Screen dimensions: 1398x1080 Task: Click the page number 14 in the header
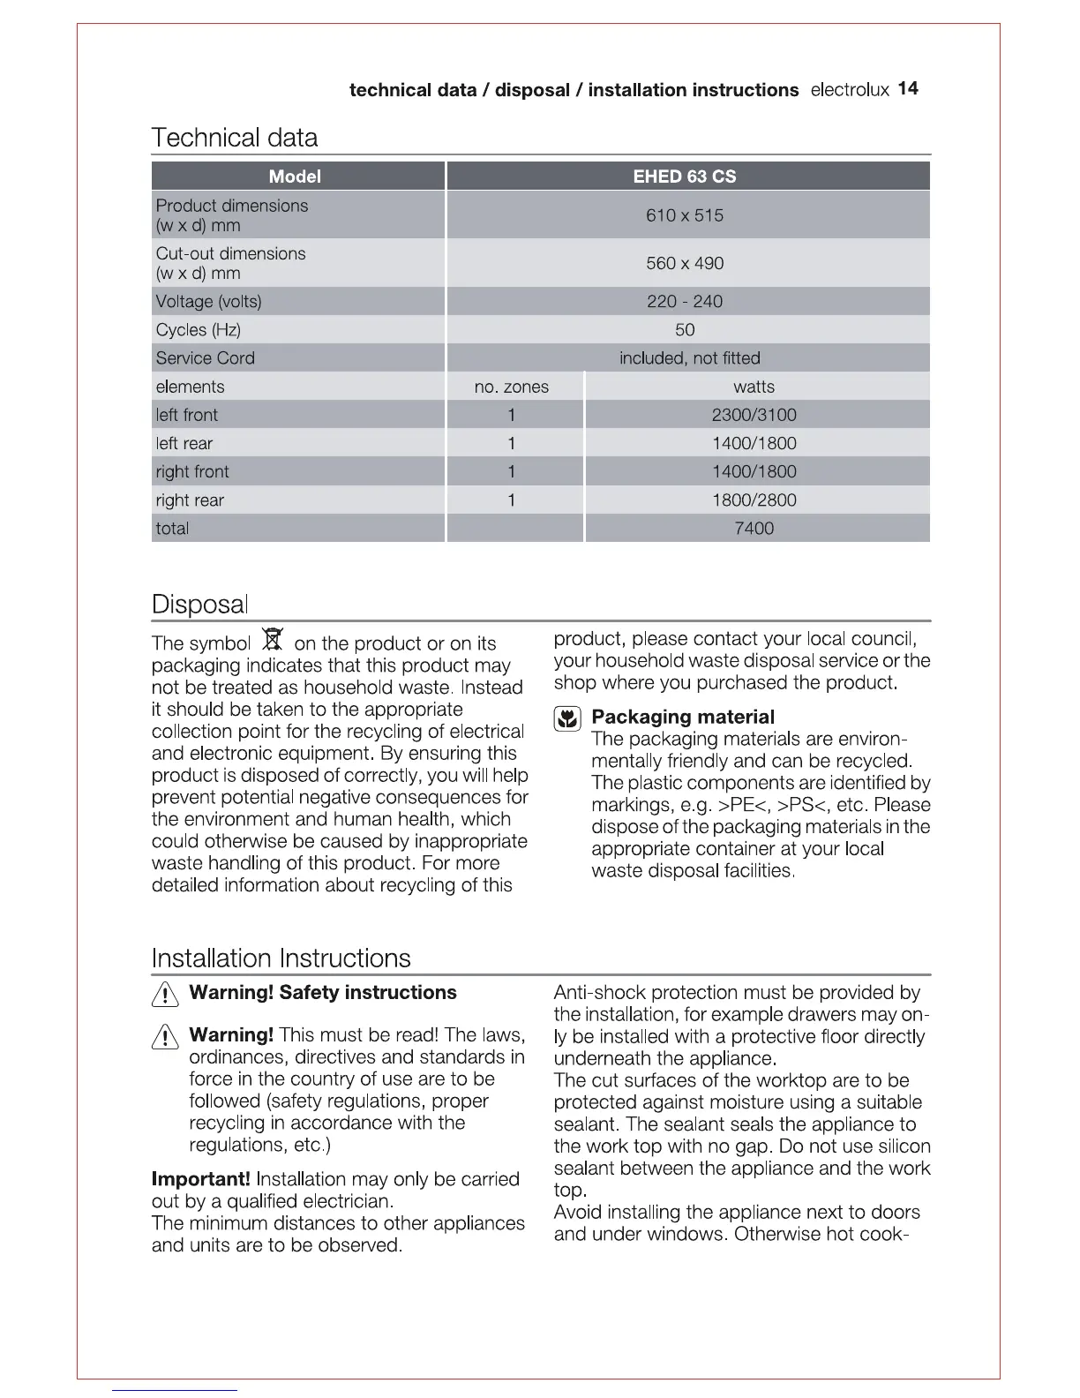908,88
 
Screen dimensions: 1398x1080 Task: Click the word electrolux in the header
850,90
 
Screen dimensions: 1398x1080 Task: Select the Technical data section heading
235,138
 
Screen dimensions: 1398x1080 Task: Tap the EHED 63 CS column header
685,177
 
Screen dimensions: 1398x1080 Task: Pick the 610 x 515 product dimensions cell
685,215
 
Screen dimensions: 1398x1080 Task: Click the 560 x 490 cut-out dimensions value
685,263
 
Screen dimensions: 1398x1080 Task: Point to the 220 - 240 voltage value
685,302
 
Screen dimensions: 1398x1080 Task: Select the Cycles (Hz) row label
199,330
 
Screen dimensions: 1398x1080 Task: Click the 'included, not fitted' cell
689,358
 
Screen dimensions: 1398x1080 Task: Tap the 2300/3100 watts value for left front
754,415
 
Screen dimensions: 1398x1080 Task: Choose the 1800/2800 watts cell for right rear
754,500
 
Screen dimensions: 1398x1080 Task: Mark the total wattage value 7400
754,529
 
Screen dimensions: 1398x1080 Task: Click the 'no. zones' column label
512,387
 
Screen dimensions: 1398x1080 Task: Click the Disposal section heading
200,605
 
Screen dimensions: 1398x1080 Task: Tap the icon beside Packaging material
567,718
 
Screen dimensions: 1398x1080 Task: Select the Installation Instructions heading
281,958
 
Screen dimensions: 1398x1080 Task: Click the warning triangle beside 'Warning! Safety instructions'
165,995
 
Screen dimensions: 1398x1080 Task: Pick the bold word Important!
201,1179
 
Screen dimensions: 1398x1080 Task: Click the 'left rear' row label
184,444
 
